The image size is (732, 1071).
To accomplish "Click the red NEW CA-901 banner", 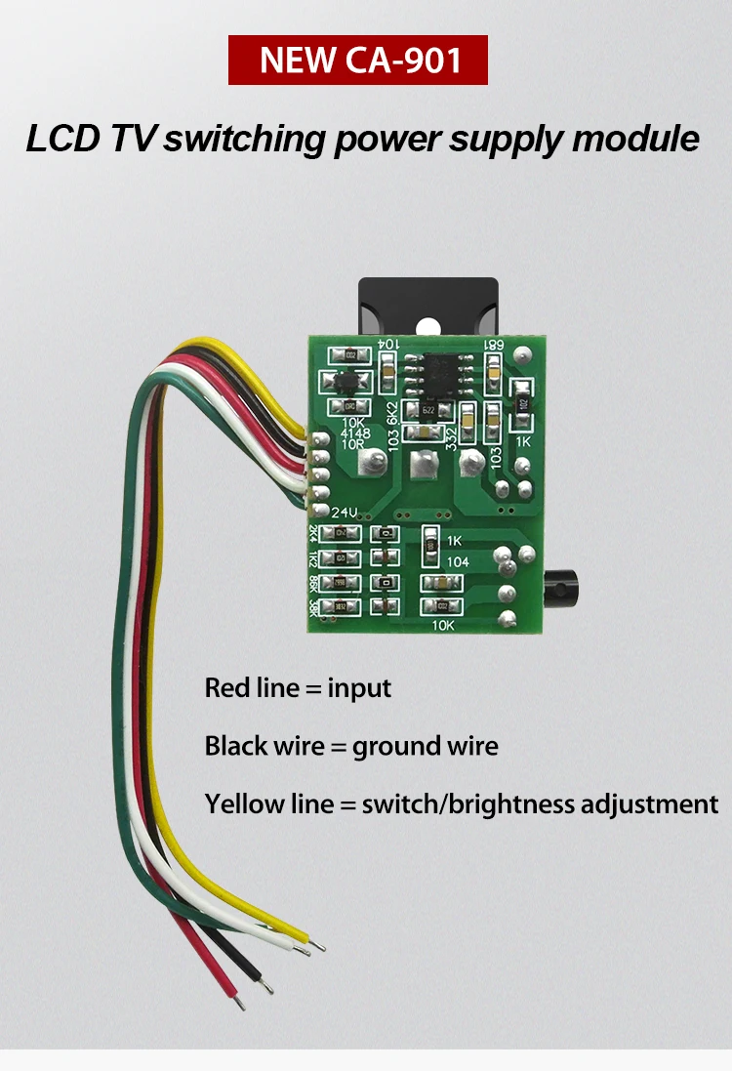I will pyautogui.click(x=357, y=60).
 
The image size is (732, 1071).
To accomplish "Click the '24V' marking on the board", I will pyautogui.click(x=346, y=513).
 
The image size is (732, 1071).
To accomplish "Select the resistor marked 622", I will pyautogui.click(x=428, y=411).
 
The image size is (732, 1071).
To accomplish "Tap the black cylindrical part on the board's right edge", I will pyautogui.click(x=560, y=587).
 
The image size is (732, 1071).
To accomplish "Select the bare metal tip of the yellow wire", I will pyautogui.click(x=319, y=945).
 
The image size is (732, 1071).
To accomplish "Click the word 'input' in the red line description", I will pyautogui.click(x=359, y=688).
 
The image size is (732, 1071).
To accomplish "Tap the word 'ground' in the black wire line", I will pyautogui.click(x=396, y=747).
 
